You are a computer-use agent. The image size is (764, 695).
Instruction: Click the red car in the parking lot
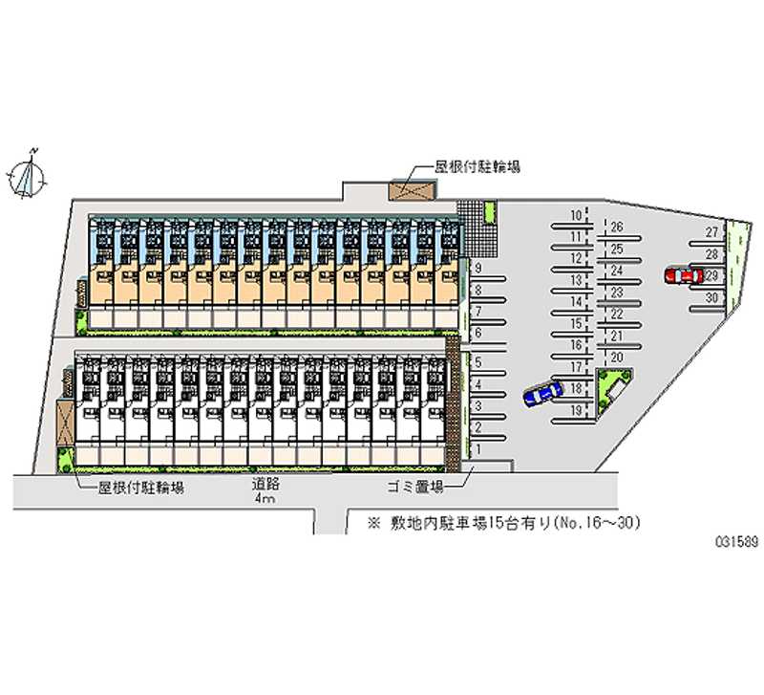680,275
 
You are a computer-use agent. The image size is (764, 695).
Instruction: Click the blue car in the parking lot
541,393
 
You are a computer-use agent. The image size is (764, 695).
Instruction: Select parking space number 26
617,228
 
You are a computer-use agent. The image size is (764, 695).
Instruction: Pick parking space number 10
576,214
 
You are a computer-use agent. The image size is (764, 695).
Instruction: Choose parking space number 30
711,297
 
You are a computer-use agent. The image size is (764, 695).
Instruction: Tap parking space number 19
576,410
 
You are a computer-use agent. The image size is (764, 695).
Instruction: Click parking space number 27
711,232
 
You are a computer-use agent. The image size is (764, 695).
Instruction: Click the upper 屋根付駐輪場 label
477,165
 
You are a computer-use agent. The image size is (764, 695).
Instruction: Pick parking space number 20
617,358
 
